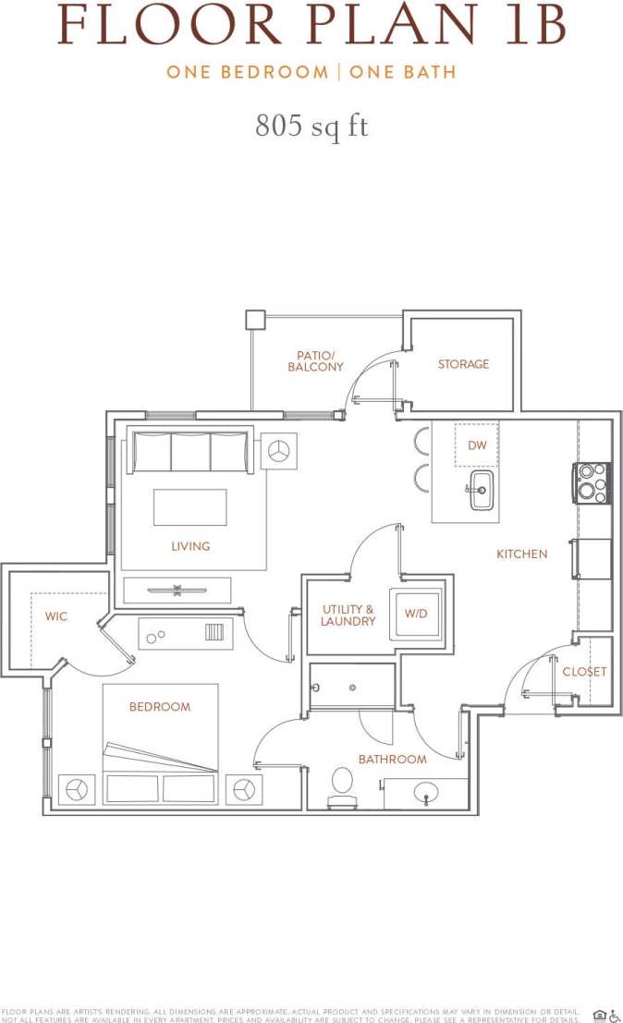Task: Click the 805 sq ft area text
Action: [x=311, y=126]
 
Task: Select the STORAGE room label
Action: [x=463, y=364]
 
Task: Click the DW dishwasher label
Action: [x=477, y=445]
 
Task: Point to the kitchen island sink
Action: [x=482, y=490]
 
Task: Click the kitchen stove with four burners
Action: [x=592, y=482]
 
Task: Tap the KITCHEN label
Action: [x=522, y=554]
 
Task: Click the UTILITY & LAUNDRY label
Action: [x=348, y=615]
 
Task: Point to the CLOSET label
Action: [x=584, y=671]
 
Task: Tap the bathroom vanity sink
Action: [x=426, y=792]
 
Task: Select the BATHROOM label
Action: [x=393, y=759]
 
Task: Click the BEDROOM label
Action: [x=160, y=706]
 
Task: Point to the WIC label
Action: [x=56, y=616]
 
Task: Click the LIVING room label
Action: [x=190, y=546]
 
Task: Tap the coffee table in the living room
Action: [x=189, y=506]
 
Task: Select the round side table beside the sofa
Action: [x=279, y=451]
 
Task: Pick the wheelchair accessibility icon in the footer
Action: [x=615, y=1015]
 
